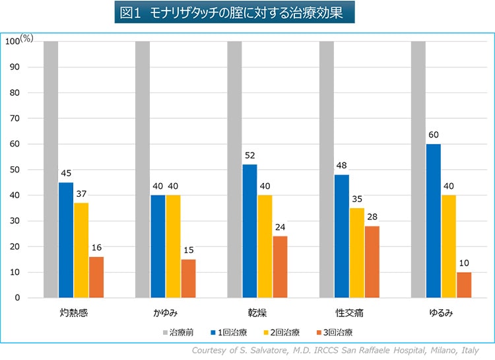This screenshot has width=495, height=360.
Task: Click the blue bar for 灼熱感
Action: (66, 240)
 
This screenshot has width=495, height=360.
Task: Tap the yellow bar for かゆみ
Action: (174, 246)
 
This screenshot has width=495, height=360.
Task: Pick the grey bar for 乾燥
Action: (234, 169)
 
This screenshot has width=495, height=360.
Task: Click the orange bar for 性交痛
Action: (372, 262)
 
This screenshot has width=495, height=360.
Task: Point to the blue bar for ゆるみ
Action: (433, 221)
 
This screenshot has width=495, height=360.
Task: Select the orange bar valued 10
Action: (464, 285)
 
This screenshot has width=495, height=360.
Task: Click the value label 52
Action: (249, 156)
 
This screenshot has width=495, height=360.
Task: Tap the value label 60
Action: (433, 135)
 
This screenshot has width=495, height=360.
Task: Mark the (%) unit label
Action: (26, 38)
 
